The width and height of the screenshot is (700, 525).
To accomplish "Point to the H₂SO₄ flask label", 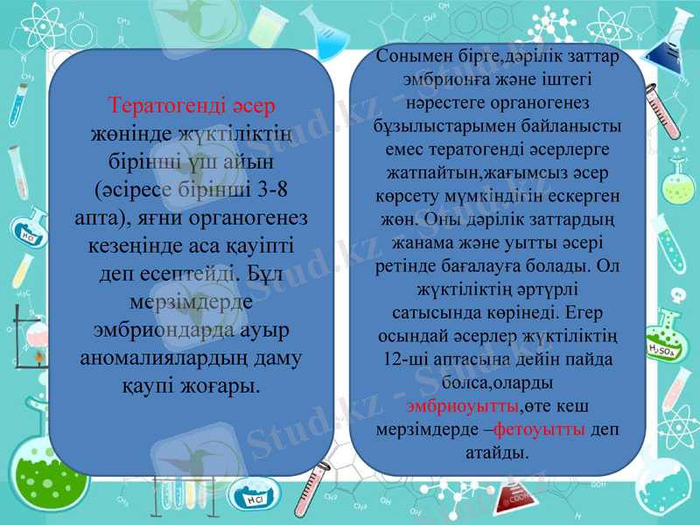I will point(663,351).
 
